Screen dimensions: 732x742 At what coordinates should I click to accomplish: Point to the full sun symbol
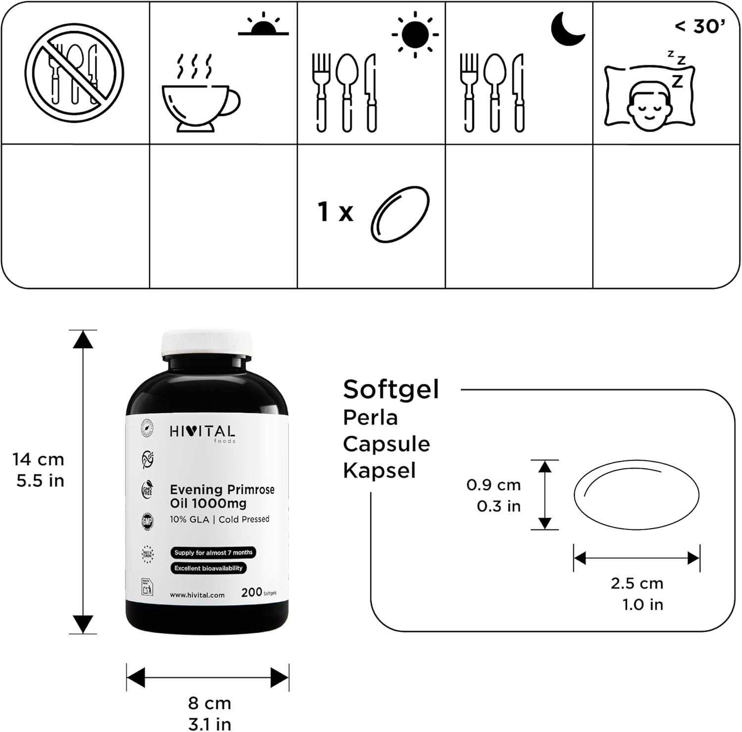click(x=415, y=34)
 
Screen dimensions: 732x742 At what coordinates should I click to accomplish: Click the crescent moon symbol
click(x=568, y=28)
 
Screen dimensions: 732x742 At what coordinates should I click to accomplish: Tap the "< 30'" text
click(x=699, y=27)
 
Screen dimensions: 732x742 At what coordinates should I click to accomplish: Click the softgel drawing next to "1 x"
click(x=400, y=214)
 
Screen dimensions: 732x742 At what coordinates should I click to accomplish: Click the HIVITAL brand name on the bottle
click(x=202, y=432)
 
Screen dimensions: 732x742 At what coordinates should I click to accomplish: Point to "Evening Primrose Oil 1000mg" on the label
click(x=222, y=496)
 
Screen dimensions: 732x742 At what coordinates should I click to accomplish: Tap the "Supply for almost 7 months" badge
click(x=213, y=552)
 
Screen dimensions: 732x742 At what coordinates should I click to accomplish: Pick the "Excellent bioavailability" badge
click(x=208, y=568)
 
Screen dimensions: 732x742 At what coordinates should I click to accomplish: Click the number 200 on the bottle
click(x=251, y=592)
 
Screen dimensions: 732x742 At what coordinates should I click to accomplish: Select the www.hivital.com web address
click(x=197, y=595)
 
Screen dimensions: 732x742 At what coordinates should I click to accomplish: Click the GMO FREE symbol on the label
click(x=147, y=490)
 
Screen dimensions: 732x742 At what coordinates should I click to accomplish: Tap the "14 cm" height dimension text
click(x=39, y=459)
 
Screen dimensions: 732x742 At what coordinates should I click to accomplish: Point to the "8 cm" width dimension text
click(x=209, y=703)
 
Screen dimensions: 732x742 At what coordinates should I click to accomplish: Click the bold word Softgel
click(x=391, y=390)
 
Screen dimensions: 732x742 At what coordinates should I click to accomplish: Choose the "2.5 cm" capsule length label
click(x=637, y=583)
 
